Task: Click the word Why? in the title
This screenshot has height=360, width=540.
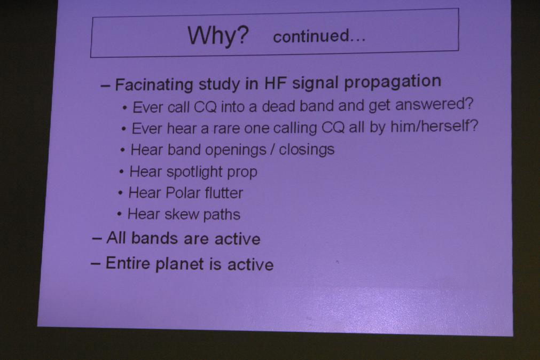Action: pyautogui.click(x=218, y=35)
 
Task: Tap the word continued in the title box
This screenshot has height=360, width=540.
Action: pyautogui.click(x=311, y=36)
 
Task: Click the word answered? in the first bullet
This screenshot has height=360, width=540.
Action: pyautogui.click(x=434, y=104)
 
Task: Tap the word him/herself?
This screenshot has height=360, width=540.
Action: pyautogui.click(x=434, y=127)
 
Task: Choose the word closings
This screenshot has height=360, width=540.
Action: pyautogui.click(x=307, y=150)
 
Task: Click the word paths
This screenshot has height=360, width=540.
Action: pyautogui.click(x=221, y=215)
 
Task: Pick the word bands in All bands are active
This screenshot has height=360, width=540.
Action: pyautogui.click(x=153, y=238)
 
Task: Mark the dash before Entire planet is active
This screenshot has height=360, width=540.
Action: pyautogui.click(x=96, y=264)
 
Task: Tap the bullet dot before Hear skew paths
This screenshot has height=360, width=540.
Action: pyautogui.click(x=119, y=214)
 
